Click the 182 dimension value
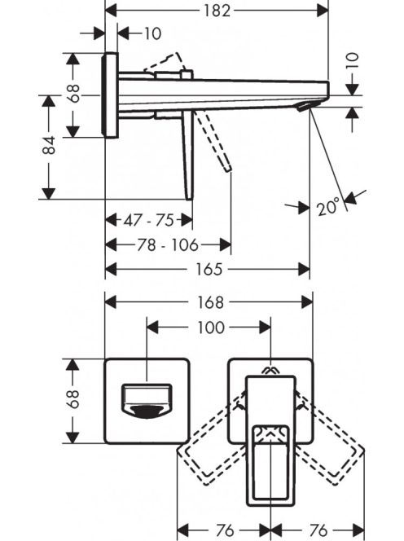pos(217,11)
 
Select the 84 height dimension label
pos(49,145)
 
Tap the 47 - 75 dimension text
pos(149,220)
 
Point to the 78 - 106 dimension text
pos(168,245)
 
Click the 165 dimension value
pos(209,269)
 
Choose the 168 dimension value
pos(210,302)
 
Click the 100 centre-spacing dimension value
pos(211,327)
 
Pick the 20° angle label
pos(327,207)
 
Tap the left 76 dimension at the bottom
pos(225,530)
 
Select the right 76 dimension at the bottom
pos(318,530)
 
